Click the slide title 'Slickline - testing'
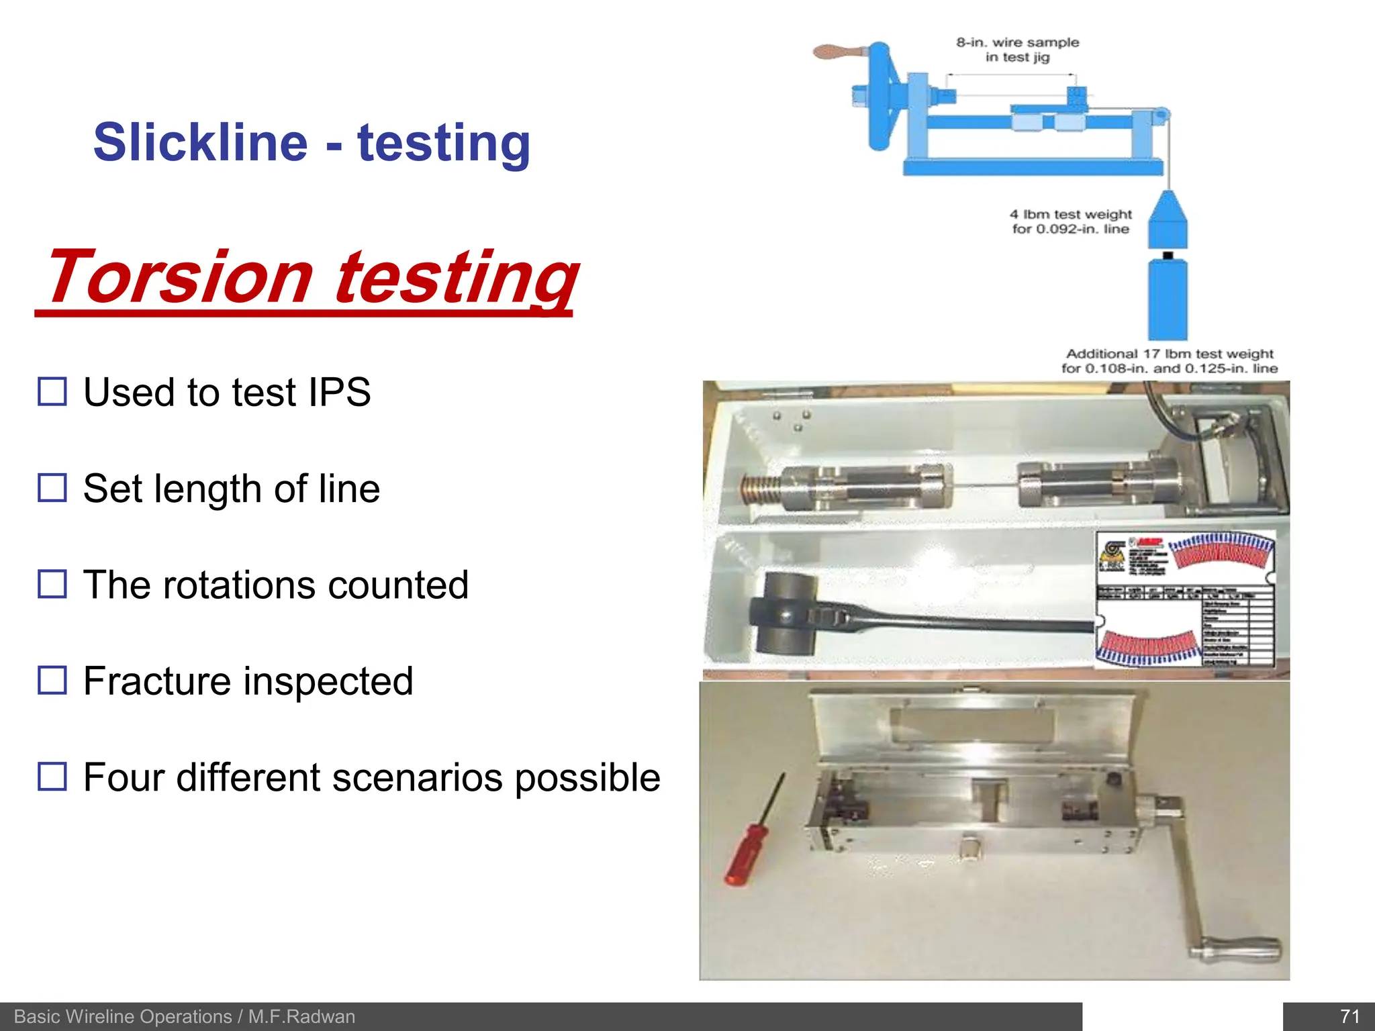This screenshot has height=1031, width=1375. tap(312, 142)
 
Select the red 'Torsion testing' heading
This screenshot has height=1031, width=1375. tap(310, 277)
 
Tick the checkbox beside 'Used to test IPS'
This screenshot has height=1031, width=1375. tap(52, 391)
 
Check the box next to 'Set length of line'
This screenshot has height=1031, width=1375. tap(52, 488)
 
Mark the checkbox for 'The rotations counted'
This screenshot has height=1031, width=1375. tap(52, 584)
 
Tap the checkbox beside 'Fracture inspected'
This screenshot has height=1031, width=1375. tap(52, 680)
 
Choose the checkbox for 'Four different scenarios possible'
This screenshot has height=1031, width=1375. tap(52, 777)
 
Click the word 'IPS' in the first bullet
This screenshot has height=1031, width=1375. tap(338, 392)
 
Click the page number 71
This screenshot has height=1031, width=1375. tap(1349, 1016)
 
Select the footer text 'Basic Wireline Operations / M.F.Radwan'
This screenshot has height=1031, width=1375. tap(184, 1016)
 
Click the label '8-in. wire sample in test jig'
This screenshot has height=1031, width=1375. tap(1017, 50)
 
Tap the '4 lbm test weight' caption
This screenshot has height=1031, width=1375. tap(1070, 222)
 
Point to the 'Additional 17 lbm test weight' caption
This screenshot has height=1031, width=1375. tap(1169, 361)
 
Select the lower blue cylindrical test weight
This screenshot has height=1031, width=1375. tap(1168, 299)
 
